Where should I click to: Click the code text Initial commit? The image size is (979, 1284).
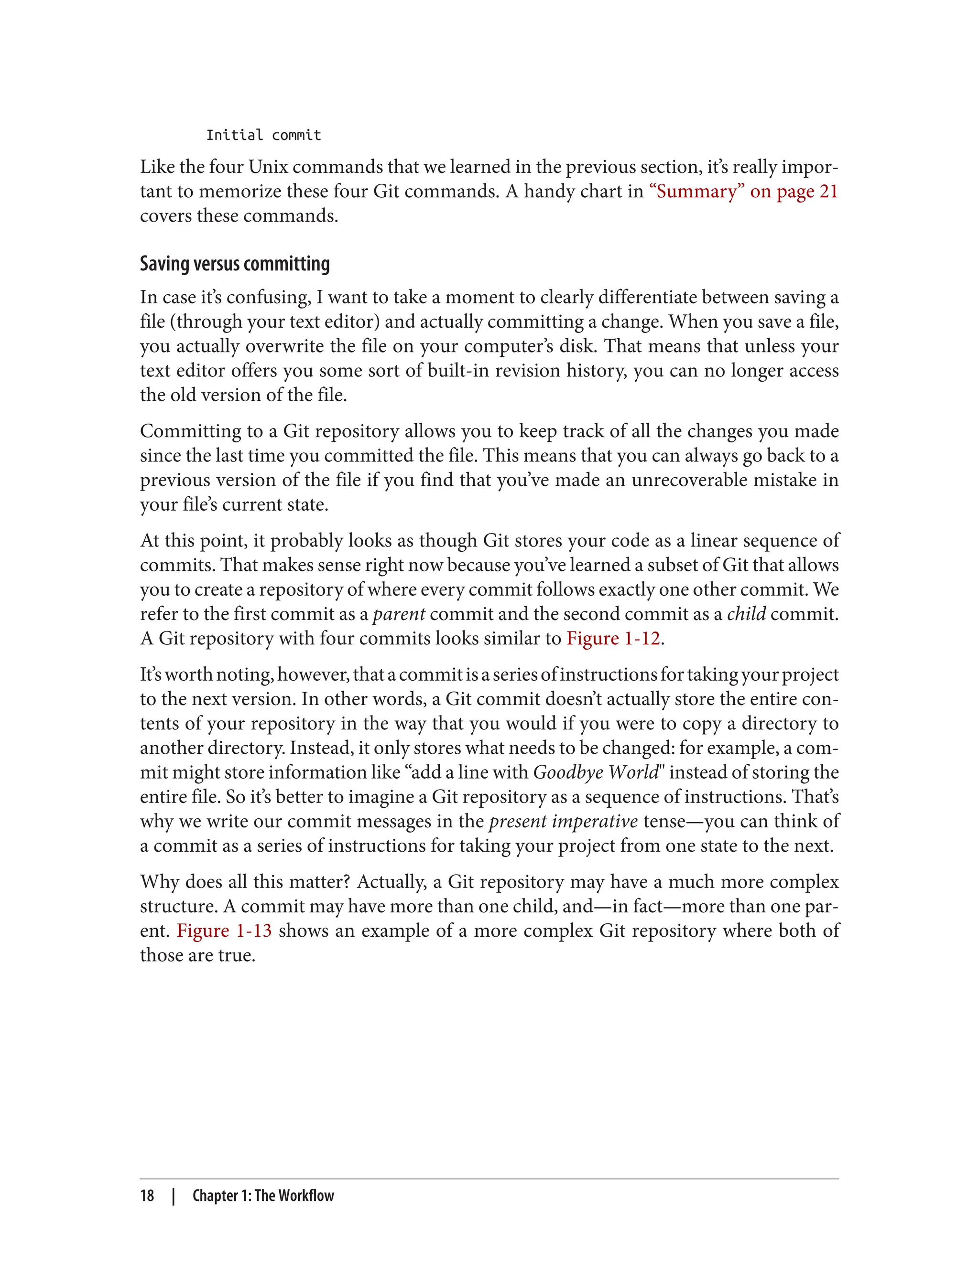click(x=263, y=135)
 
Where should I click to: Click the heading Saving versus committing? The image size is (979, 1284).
click(x=235, y=264)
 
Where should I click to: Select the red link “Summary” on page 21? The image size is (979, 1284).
click(x=743, y=192)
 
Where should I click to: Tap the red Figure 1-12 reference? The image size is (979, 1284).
click(x=613, y=638)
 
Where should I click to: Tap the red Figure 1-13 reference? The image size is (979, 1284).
click(x=224, y=931)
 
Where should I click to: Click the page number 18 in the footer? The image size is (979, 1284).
click(x=147, y=1196)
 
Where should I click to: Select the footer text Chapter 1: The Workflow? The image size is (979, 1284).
click(x=263, y=1196)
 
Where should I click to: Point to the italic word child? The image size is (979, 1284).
click(x=747, y=614)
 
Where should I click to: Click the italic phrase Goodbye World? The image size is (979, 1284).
click(x=595, y=772)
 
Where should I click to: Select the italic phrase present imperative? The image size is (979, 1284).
click(x=563, y=821)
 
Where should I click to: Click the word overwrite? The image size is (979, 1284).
click(x=284, y=346)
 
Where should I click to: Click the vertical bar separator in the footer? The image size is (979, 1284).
click(x=174, y=1196)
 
